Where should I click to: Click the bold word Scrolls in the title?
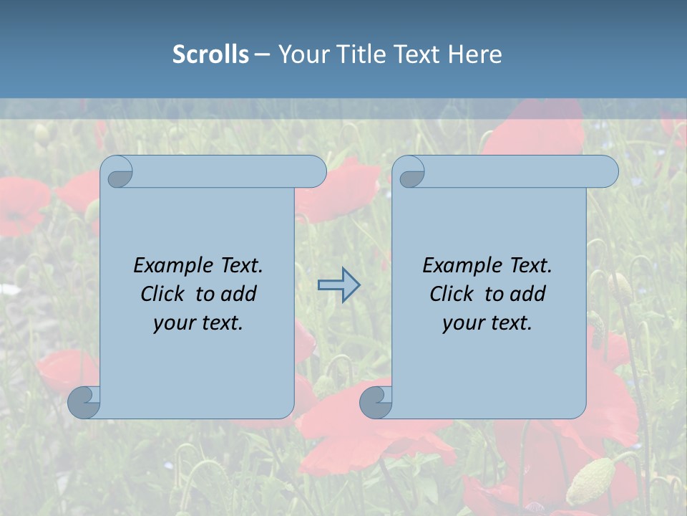[210, 54]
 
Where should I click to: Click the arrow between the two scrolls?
[338, 285]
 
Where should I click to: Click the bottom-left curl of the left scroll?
[84, 402]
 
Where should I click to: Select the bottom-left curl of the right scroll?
[376, 402]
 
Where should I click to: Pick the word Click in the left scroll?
[162, 294]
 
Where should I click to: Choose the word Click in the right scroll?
[451, 294]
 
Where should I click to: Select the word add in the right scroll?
[527, 294]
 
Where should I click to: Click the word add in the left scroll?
[238, 294]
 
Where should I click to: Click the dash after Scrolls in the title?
[262, 54]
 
